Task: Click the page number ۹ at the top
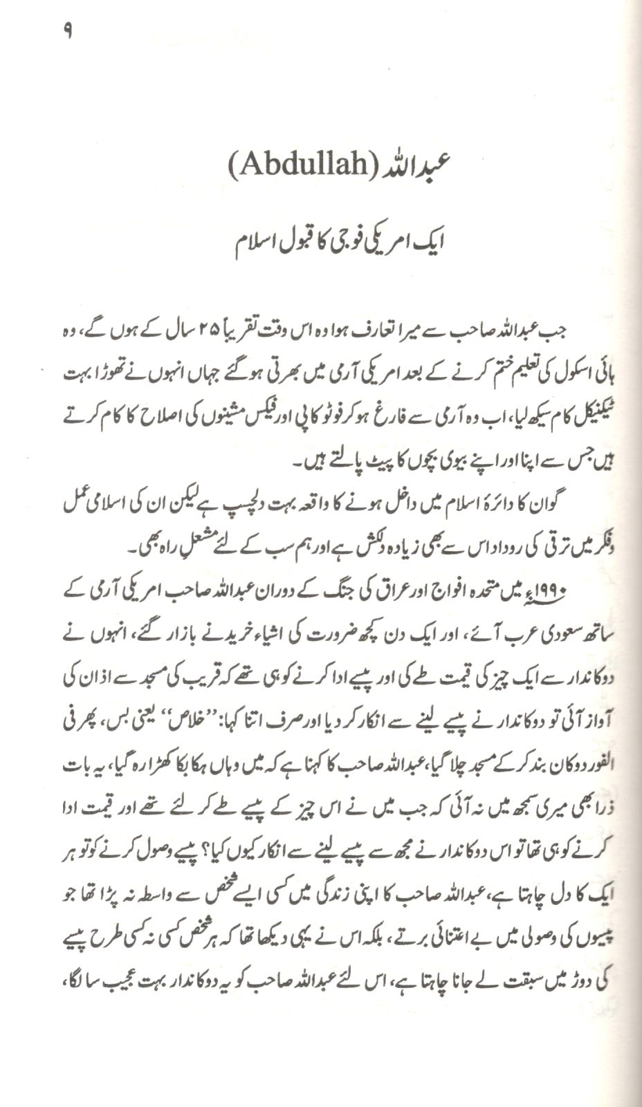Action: [x=67, y=32]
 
